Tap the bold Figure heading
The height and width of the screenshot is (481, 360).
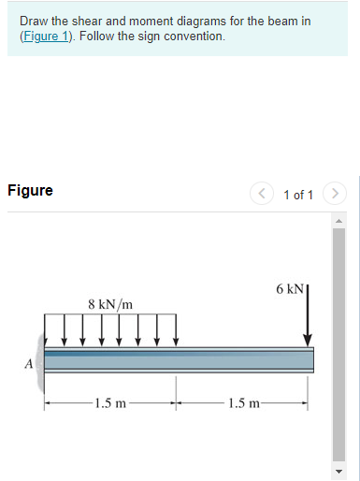[x=30, y=191]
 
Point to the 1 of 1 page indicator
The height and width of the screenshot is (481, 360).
[x=297, y=195]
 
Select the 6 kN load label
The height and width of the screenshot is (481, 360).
[x=290, y=289]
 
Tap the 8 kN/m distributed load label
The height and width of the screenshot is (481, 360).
[x=109, y=305]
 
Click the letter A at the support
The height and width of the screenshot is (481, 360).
[x=29, y=362]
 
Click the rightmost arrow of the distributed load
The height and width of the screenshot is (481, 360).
[x=175, y=332]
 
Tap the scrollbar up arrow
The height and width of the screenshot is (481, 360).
[x=340, y=222]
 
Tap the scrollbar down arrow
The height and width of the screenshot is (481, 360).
[x=340, y=470]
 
